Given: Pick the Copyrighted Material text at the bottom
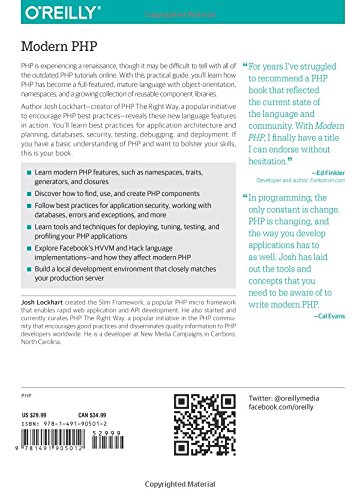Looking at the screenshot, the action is (180, 493).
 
